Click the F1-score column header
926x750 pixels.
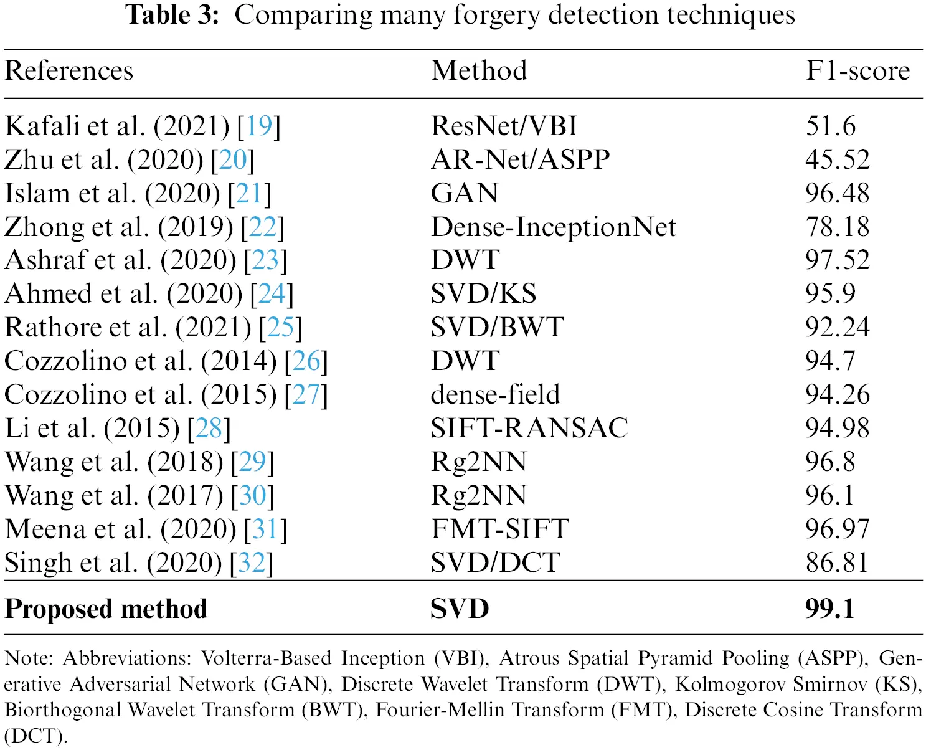857,71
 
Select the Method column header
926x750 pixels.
479,71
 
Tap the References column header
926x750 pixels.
69,71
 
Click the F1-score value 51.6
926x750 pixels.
831,126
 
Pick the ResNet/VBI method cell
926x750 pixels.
504,126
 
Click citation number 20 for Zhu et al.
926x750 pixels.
233,160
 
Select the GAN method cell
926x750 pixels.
465,194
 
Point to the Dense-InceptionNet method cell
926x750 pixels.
553,227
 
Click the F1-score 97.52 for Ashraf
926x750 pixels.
837,260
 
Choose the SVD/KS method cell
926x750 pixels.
483,294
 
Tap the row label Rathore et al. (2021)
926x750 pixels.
128,328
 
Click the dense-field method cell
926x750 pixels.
495,395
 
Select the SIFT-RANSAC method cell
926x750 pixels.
529,429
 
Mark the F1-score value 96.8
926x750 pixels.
831,462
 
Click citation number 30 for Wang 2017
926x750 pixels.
252,496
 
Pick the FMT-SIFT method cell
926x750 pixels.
499,529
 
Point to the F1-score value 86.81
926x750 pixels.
837,563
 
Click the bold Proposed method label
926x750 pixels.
106,609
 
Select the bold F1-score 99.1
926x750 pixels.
829,609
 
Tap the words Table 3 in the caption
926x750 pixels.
172,15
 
